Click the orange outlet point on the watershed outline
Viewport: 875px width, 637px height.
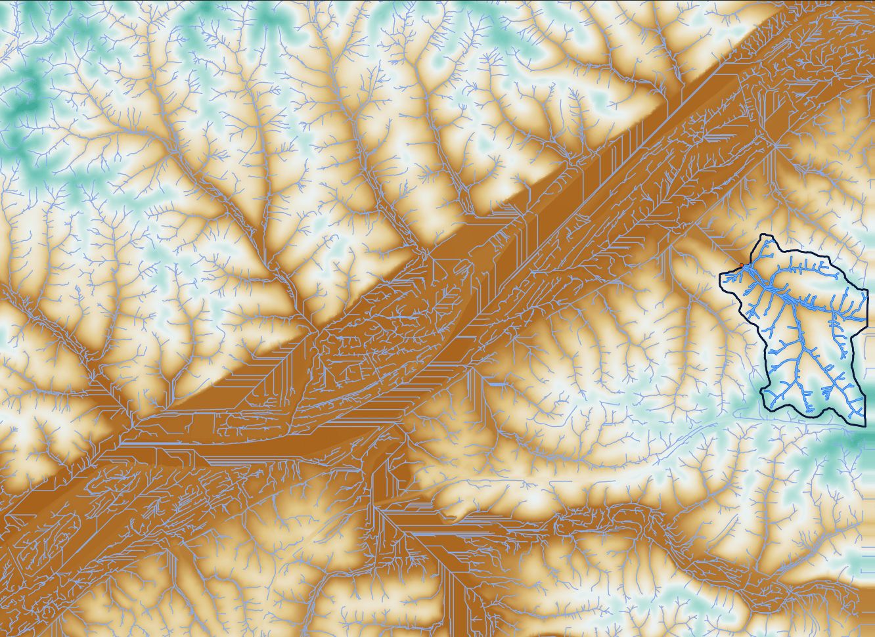[x=741, y=265]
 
